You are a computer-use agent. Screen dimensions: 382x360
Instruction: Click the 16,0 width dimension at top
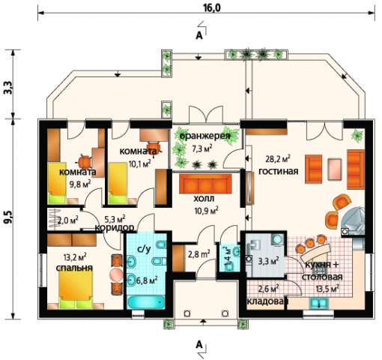pos(212,7)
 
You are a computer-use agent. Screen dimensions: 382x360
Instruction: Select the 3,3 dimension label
pos(9,88)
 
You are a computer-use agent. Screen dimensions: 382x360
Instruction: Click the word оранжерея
pos(204,136)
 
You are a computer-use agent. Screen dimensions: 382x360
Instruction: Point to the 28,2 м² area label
pos(278,159)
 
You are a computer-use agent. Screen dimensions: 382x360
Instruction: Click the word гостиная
pos(279,171)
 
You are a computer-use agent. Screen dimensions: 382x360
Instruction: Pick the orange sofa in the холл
pos(206,184)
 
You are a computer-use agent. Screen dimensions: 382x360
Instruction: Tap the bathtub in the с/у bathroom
pos(146,302)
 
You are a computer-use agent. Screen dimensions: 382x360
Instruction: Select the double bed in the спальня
pos(76,289)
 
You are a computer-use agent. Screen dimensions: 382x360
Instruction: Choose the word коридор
pos(115,228)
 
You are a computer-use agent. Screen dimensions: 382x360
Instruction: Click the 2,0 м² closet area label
pos(68,220)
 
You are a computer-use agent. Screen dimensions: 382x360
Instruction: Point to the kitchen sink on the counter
pos(319,303)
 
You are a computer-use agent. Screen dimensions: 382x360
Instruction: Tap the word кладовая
pos(267,301)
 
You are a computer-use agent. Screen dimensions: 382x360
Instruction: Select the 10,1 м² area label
pos(139,163)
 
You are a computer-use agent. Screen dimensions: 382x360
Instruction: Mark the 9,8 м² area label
pos(80,184)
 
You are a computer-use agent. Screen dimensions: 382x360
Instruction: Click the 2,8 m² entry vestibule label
pos(198,253)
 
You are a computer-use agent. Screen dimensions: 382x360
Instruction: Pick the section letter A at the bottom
pos(199,345)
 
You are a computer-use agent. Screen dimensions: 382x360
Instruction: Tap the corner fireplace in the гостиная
pos(353,220)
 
